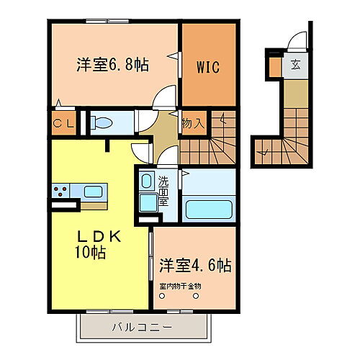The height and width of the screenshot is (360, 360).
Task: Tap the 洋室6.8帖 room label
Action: pyautogui.click(x=113, y=65)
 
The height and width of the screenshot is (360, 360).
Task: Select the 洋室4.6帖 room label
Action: pyautogui.click(x=195, y=265)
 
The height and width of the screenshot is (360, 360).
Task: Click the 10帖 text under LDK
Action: pyautogui.click(x=89, y=253)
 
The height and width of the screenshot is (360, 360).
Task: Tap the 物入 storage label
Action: pyautogui.click(x=193, y=122)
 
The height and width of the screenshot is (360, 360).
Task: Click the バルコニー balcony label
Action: pyautogui.click(x=141, y=328)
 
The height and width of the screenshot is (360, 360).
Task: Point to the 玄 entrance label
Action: pyautogui.click(x=295, y=64)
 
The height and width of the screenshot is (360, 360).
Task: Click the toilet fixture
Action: pyautogui.click(x=101, y=122)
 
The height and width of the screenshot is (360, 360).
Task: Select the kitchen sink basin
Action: pyautogui.click(x=94, y=192)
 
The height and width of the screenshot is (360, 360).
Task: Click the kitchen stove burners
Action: pyautogui.click(x=60, y=191)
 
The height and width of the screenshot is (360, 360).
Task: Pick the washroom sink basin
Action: pyautogui.click(x=146, y=181)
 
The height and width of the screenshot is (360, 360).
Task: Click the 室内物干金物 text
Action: pyautogui.click(x=181, y=286)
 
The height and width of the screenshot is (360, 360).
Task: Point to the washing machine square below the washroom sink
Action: pyautogui.click(x=148, y=204)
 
